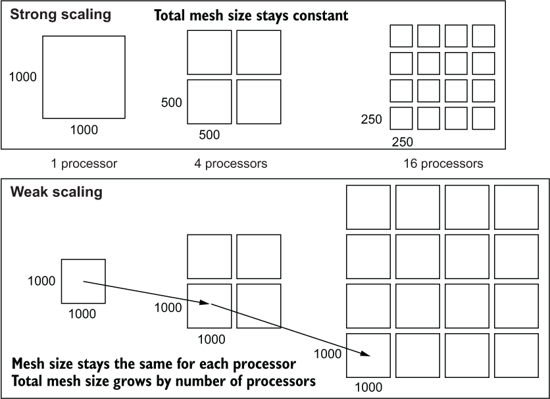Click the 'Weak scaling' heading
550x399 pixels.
point(56,193)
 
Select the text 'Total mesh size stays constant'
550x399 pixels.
point(251,16)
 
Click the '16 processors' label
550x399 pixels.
point(443,163)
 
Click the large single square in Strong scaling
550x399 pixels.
point(84,77)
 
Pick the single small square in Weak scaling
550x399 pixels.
point(83,281)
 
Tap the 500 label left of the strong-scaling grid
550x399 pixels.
point(171,103)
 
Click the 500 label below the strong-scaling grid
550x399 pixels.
point(209,135)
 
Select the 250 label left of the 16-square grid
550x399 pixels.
point(371,120)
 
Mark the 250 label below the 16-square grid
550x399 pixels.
point(403,142)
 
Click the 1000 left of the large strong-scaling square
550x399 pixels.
point(22,77)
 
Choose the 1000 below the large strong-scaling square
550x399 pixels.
point(84,130)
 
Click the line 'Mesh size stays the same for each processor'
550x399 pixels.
point(153,364)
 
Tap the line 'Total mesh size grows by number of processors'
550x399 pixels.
point(163,381)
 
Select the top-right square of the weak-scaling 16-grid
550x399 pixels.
point(516,207)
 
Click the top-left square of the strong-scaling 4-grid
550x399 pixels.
point(209,52)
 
